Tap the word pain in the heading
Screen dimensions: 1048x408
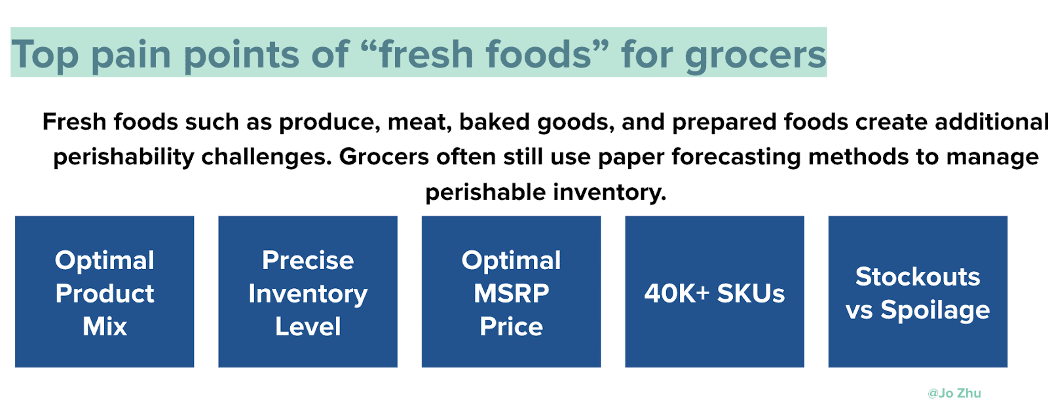(x=130, y=55)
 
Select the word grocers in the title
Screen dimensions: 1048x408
(x=756, y=55)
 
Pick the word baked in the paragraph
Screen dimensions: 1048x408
(x=495, y=122)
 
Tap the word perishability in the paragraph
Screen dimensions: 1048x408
(x=124, y=157)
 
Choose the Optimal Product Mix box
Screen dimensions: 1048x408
(x=104, y=291)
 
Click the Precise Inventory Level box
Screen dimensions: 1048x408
(x=308, y=291)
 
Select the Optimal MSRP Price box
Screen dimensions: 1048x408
(x=511, y=291)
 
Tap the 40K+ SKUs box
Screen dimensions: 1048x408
(x=715, y=291)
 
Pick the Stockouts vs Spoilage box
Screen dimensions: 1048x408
(x=918, y=291)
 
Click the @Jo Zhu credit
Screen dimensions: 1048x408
(x=954, y=394)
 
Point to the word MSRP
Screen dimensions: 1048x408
(x=512, y=293)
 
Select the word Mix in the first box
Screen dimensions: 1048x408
(x=105, y=326)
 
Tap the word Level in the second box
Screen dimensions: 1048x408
(x=308, y=326)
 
